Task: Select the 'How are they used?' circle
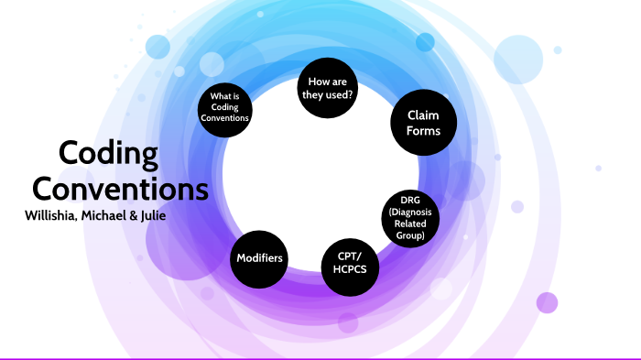pyautogui.click(x=327, y=87)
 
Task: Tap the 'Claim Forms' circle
pyautogui.click(x=423, y=123)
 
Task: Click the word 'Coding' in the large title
pyautogui.click(x=108, y=155)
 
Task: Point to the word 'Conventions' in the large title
pyautogui.click(x=121, y=189)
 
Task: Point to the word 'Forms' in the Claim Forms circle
pyautogui.click(x=423, y=131)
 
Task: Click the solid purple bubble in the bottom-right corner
pyautogui.click(x=547, y=302)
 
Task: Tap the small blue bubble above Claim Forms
pyautogui.click(x=425, y=43)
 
